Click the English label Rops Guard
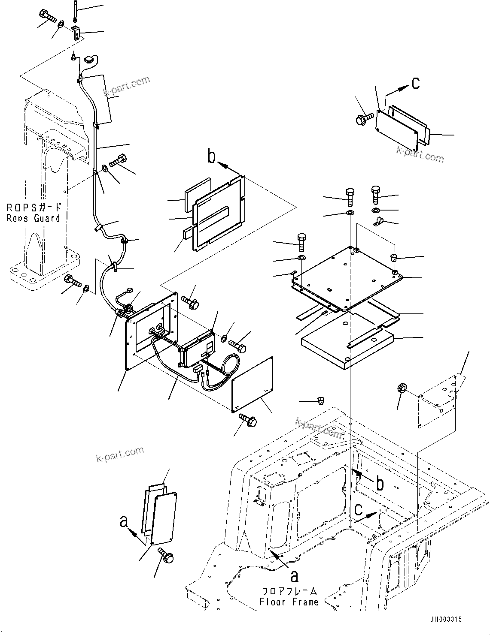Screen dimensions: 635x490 click(33, 218)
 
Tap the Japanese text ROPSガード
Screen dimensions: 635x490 click(34, 208)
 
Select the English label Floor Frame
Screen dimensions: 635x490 click(289, 602)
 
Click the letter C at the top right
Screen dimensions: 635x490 click(415, 83)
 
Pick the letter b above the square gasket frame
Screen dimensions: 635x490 click(212, 157)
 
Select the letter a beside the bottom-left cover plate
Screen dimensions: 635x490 click(124, 521)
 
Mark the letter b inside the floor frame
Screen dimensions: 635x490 click(380, 484)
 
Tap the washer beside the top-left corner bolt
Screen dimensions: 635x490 click(61, 24)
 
